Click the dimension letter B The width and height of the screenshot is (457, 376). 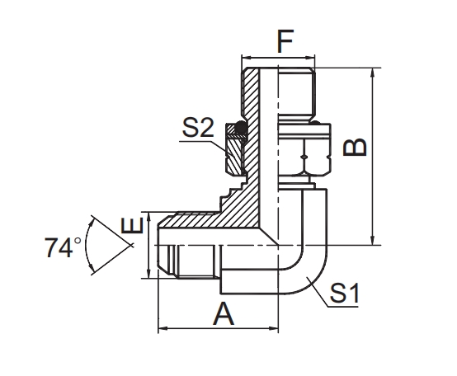tap(356, 147)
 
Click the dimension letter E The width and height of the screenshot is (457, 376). tap(128, 228)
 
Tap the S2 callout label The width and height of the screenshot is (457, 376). tap(199, 128)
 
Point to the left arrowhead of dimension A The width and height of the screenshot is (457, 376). tap(161, 329)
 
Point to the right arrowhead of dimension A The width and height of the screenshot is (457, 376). tap(275, 329)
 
